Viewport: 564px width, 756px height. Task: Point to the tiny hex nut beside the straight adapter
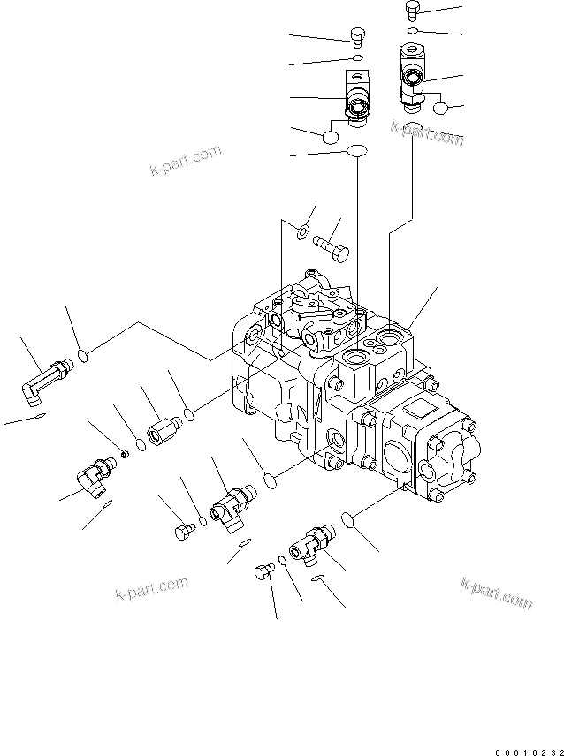click(126, 453)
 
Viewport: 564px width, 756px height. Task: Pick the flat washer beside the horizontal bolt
click(301, 232)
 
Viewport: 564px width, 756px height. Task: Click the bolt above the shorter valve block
click(356, 36)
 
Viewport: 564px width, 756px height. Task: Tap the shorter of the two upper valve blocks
click(356, 96)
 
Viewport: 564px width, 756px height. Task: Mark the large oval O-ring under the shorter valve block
click(356, 151)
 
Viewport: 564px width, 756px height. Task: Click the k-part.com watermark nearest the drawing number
click(496, 593)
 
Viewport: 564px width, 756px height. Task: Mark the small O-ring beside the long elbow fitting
click(83, 355)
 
